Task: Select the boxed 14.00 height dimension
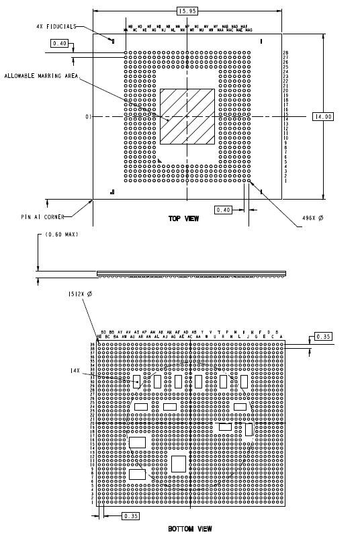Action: (x=323, y=117)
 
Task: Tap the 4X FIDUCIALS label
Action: (x=56, y=26)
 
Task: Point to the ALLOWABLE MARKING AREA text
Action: (x=41, y=76)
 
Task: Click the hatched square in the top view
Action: (x=187, y=116)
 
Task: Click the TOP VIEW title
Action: (x=183, y=219)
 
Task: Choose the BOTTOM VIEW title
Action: (x=190, y=529)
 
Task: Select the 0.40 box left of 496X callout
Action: (x=224, y=210)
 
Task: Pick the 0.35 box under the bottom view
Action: (x=131, y=515)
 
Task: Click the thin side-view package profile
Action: (x=191, y=273)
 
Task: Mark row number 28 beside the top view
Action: (x=285, y=52)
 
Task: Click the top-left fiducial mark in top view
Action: (x=112, y=40)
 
